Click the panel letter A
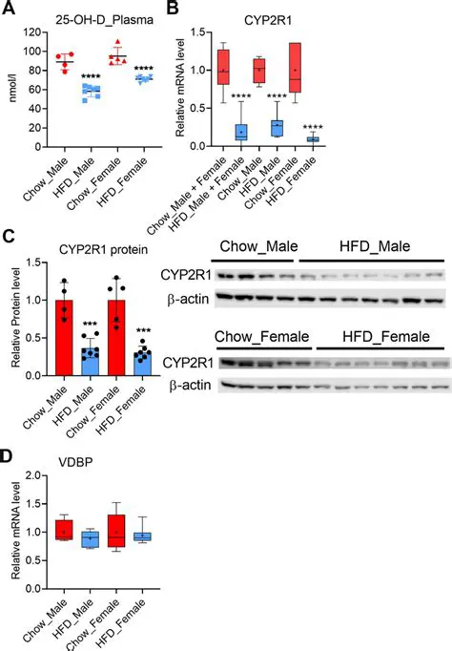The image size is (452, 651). (10, 10)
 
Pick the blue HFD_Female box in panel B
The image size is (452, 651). (314, 140)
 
